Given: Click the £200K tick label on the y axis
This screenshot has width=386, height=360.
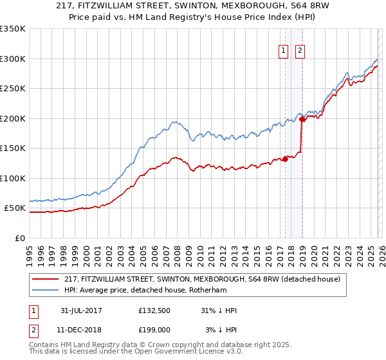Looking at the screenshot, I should [13, 118].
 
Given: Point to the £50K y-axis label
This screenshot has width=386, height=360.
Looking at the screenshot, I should [15, 208].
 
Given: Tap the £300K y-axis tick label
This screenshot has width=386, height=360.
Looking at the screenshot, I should [13, 59].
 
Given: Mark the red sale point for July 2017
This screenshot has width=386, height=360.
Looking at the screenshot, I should [285, 159].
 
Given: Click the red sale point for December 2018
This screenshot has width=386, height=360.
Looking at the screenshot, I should [301, 119].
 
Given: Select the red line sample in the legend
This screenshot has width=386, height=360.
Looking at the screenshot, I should [46, 279].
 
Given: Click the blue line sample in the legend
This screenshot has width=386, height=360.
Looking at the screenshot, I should [46, 290].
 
